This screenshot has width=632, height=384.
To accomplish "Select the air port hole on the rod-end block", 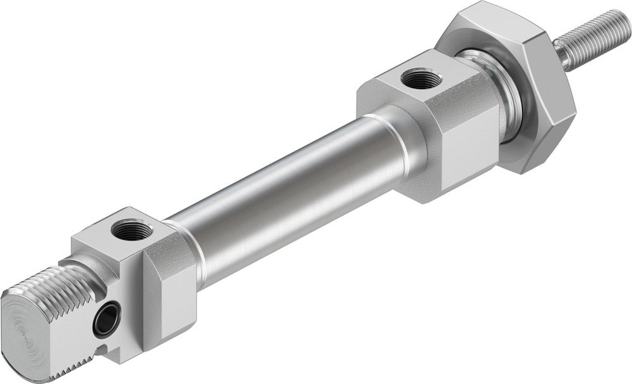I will (416, 80).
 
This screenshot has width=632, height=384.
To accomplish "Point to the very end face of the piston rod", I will (623, 19).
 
